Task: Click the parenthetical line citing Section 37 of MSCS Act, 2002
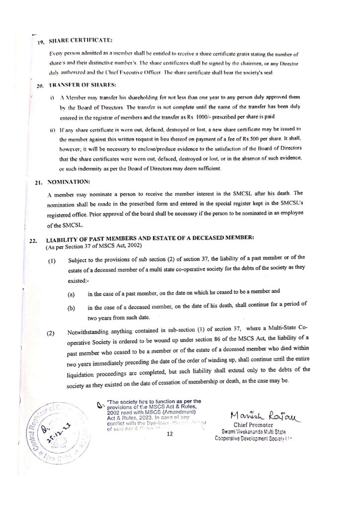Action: (94, 247)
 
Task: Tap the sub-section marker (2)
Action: (52, 333)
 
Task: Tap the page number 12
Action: (170, 435)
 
